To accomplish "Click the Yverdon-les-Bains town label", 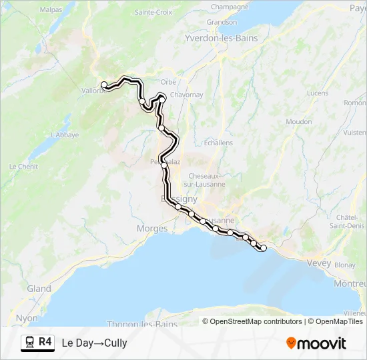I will pyautogui.click(x=221, y=39).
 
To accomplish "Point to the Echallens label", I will pyautogui.click(x=218, y=143).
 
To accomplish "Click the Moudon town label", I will pyautogui.click(x=298, y=122).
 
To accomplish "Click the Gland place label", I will pyautogui.click(x=39, y=289).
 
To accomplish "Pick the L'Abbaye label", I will pyautogui.click(x=65, y=135).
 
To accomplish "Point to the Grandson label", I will pyautogui.click(x=222, y=22).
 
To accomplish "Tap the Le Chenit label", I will pyautogui.click(x=23, y=166).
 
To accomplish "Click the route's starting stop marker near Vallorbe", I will pyautogui.click(x=104, y=85).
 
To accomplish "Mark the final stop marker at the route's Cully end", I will pyautogui.click(x=264, y=248).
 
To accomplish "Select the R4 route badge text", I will pyautogui.click(x=45, y=342).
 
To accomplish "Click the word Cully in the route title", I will pyautogui.click(x=115, y=343).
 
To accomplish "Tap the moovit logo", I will pyautogui.click(x=316, y=343).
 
